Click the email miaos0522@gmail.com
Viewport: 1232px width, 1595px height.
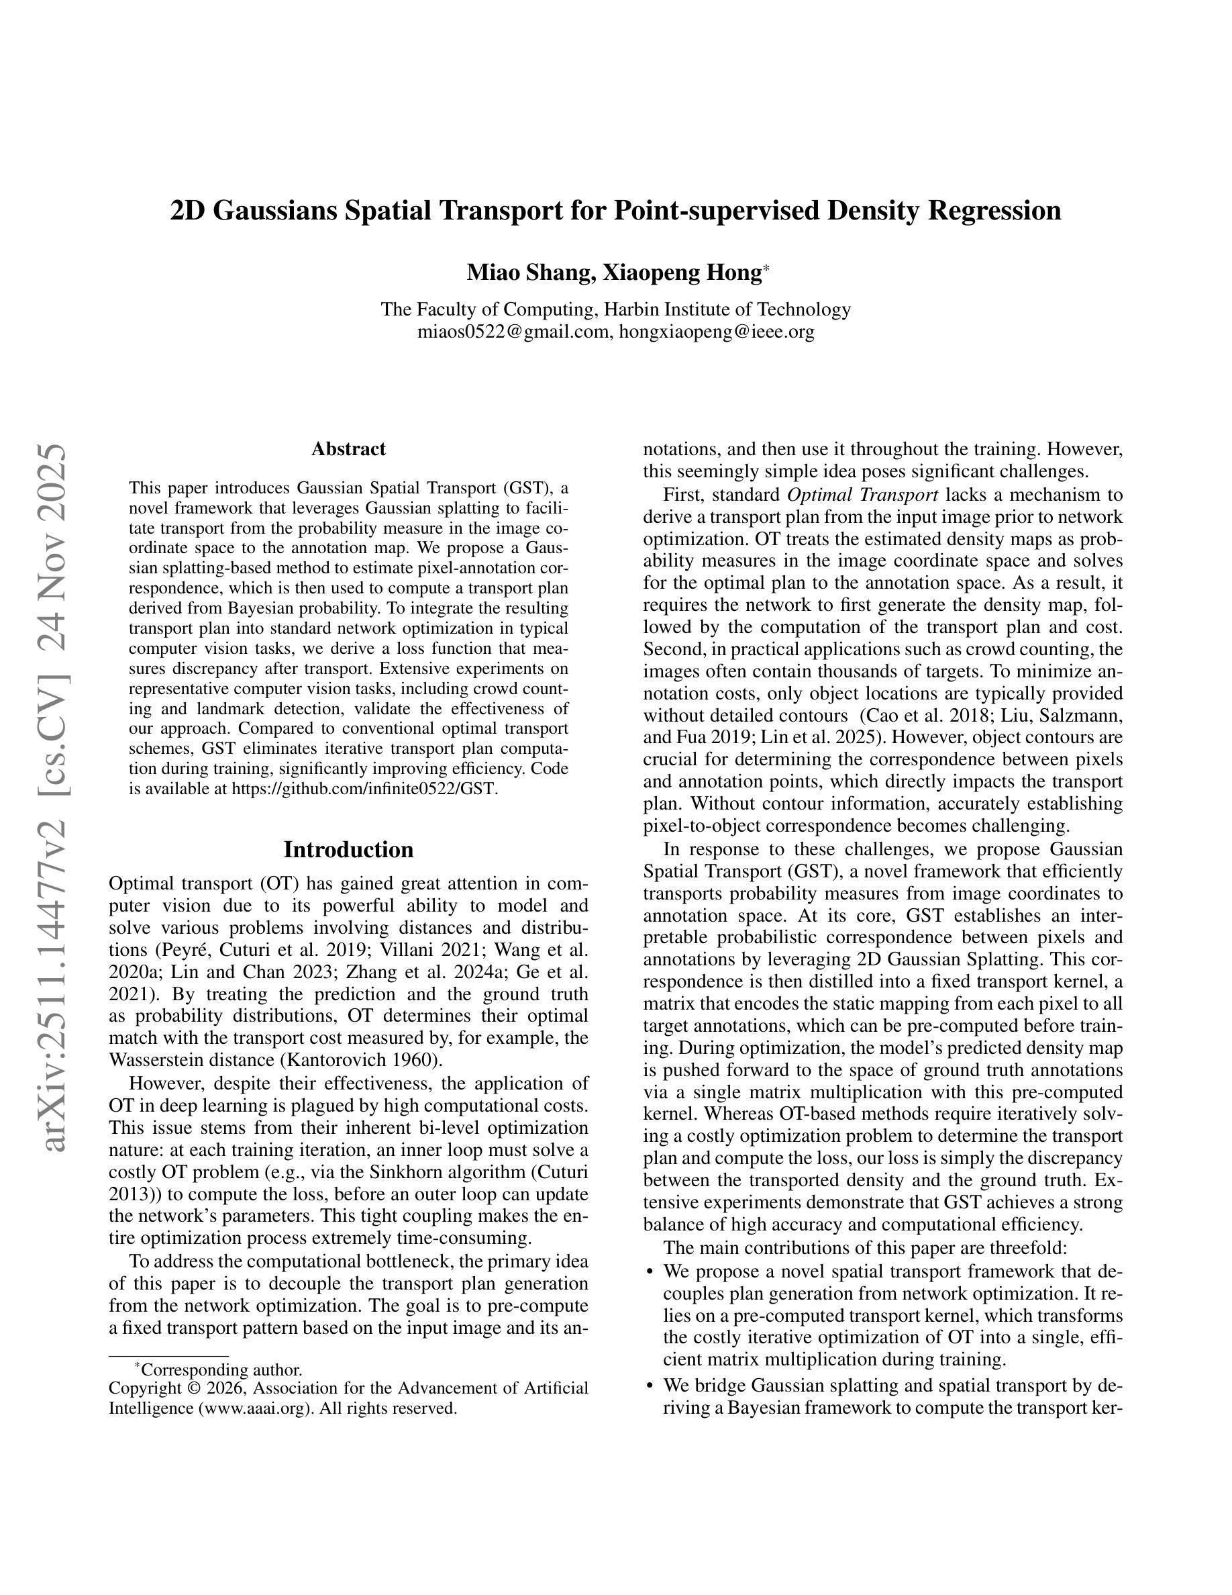pyautogui.click(x=513, y=332)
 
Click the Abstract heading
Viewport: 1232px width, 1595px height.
pyautogui.click(x=348, y=449)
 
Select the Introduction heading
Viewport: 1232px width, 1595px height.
pyautogui.click(x=348, y=850)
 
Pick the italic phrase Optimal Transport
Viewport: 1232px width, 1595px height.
pyautogui.click(x=862, y=495)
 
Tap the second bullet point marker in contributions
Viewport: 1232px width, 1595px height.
pyautogui.click(x=650, y=1386)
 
